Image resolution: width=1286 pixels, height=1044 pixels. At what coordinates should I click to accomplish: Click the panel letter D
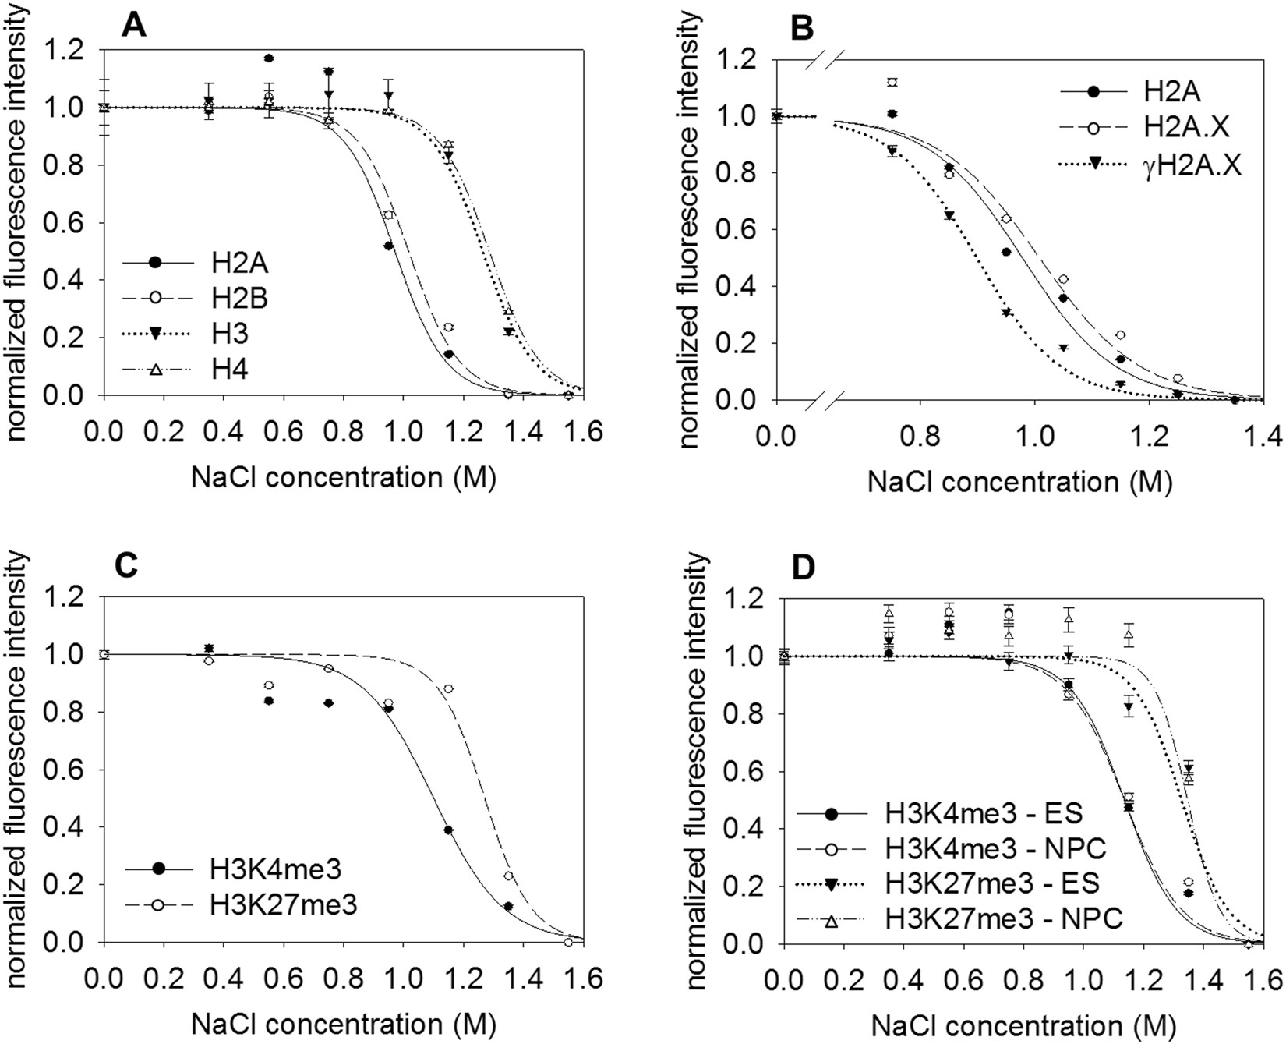802,567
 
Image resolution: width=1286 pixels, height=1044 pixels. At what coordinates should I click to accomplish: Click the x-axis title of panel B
1019,482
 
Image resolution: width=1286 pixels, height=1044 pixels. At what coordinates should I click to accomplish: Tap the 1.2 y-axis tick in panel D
747,599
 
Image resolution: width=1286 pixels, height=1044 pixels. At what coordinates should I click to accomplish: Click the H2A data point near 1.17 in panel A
269,58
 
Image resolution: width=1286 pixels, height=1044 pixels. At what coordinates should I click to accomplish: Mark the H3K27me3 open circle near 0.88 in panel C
448,688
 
